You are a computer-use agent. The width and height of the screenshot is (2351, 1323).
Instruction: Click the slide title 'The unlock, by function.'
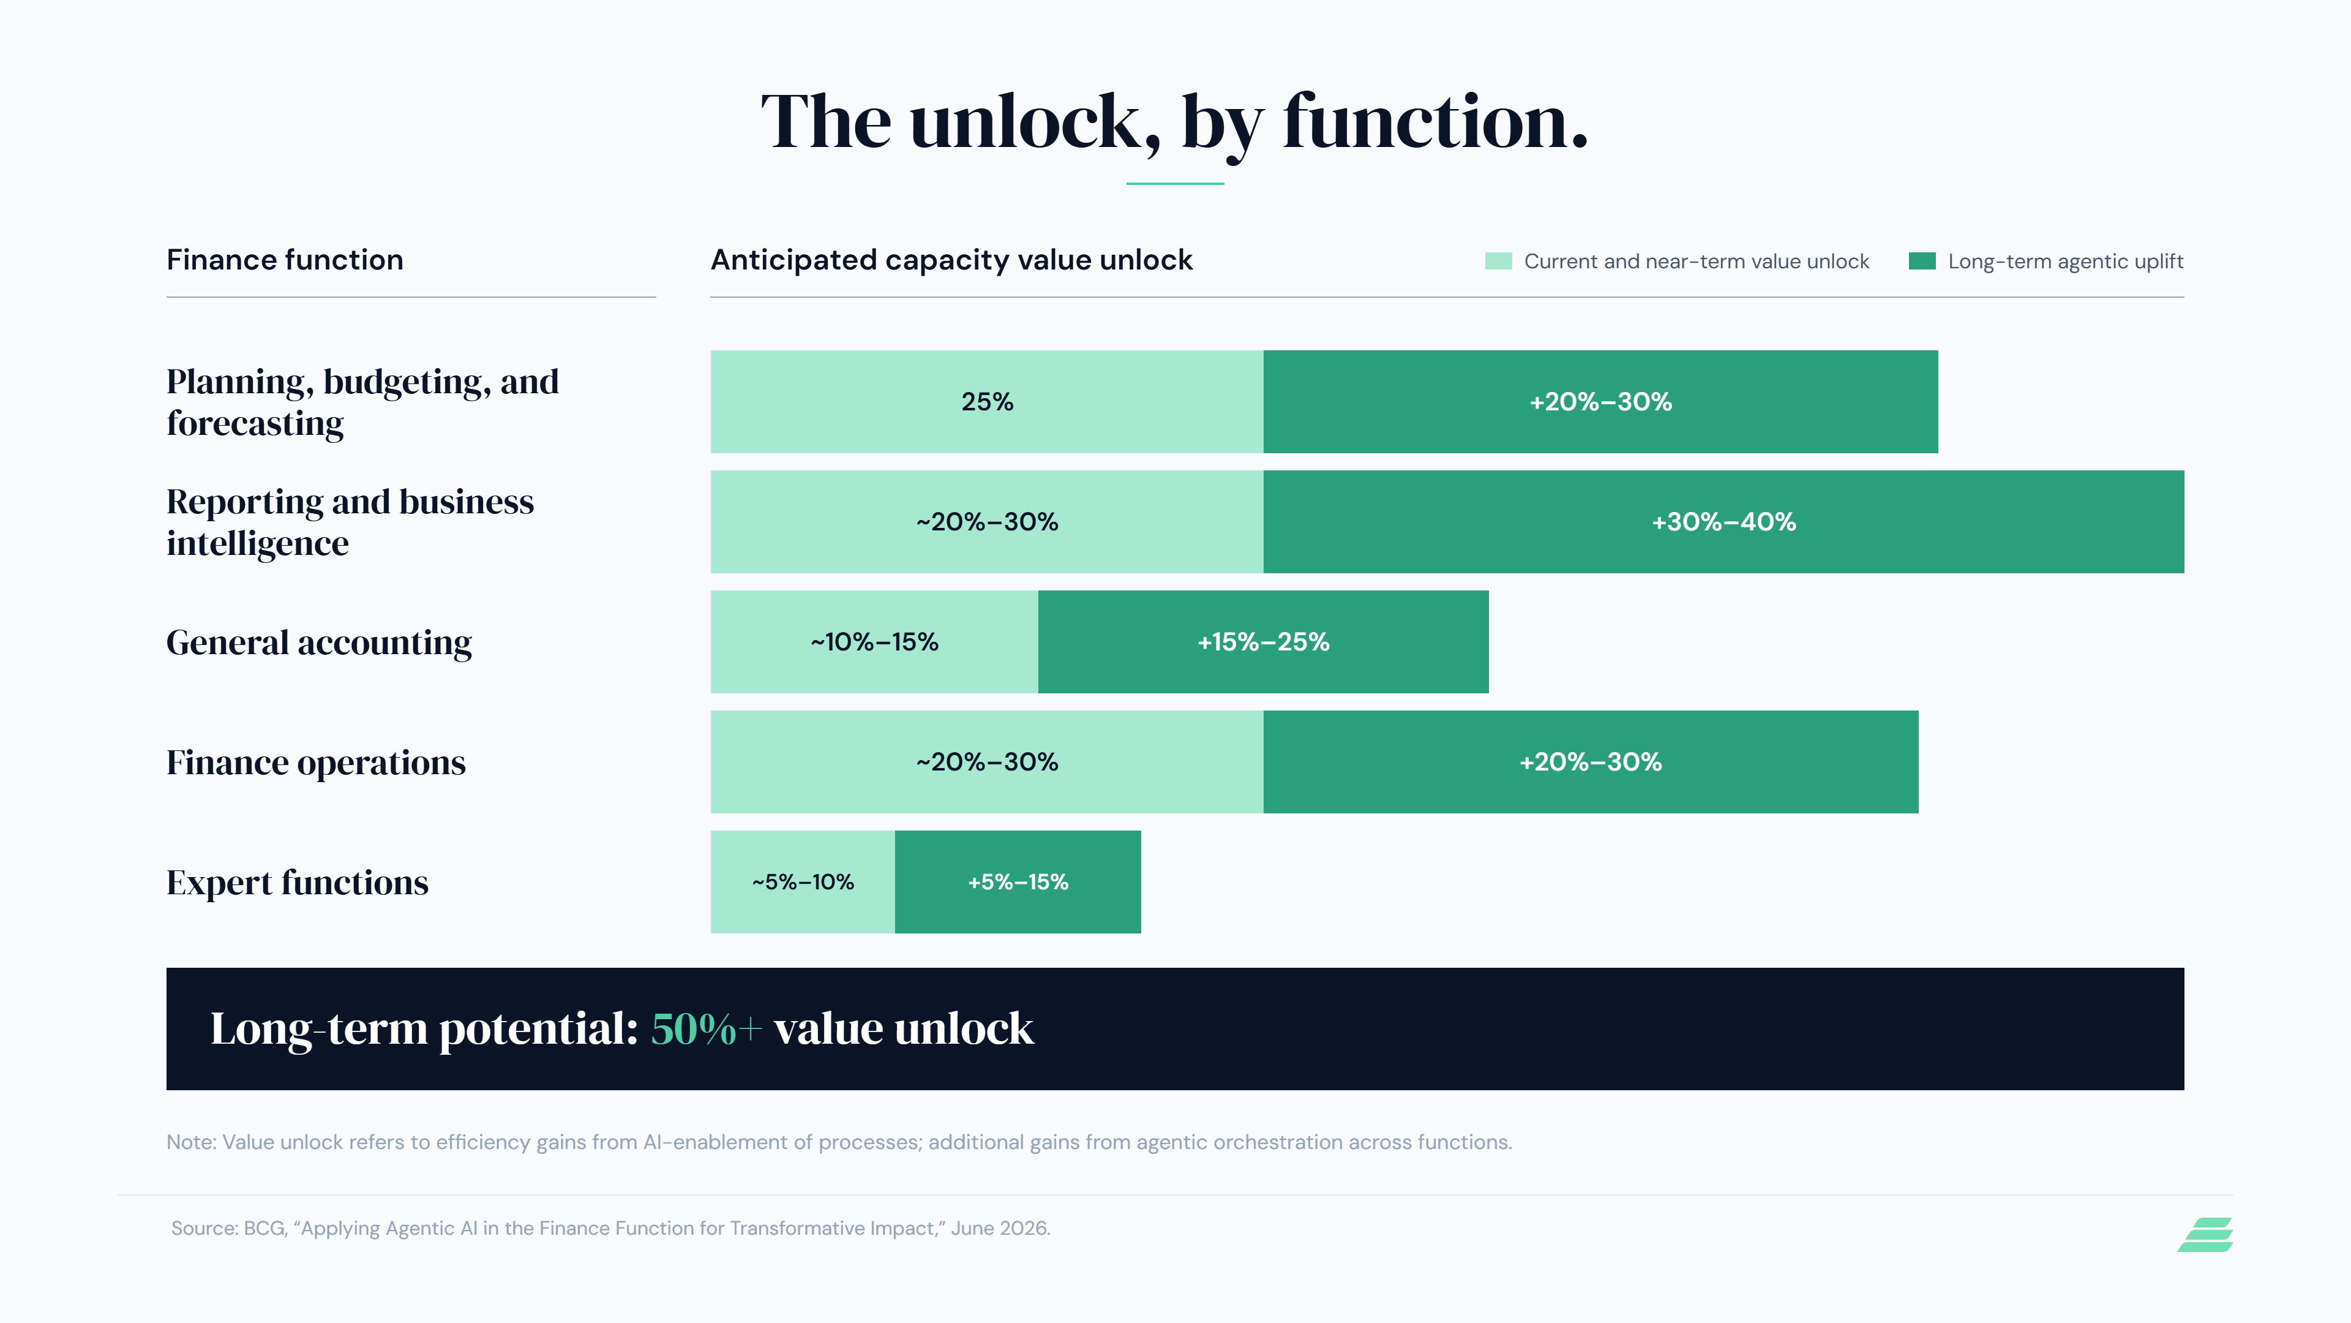tap(1175, 123)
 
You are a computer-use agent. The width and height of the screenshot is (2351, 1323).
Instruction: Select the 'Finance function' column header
tap(285, 260)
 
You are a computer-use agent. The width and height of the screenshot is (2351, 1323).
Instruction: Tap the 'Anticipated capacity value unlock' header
tap(951, 261)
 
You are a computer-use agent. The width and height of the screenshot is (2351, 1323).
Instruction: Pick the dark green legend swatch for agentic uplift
tap(1922, 261)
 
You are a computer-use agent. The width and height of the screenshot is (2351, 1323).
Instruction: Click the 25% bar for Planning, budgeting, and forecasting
tap(986, 402)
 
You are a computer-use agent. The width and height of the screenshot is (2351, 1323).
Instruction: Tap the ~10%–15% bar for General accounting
tap(874, 642)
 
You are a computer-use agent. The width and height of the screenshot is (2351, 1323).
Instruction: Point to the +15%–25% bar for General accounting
tap(1263, 642)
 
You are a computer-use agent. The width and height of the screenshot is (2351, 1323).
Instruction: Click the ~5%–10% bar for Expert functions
tap(803, 882)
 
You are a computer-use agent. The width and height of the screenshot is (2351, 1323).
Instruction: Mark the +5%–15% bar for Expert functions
tap(1018, 882)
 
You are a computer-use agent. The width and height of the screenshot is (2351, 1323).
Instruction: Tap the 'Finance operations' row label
tap(316, 763)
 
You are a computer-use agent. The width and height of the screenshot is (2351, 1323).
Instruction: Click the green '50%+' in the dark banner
tap(705, 1029)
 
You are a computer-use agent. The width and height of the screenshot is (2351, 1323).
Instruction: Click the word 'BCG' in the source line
tap(264, 1229)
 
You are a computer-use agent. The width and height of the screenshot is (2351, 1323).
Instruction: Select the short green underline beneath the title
tap(1175, 184)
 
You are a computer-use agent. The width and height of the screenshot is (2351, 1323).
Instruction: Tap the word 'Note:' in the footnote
tap(192, 1142)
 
